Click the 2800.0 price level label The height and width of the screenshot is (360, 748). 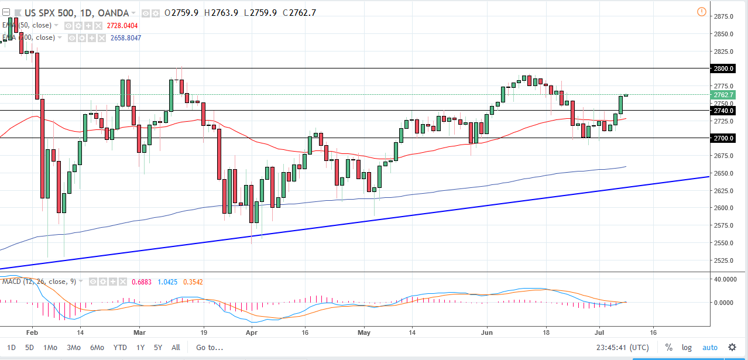(x=724, y=68)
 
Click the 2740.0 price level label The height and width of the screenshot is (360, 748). (x=724, y=110)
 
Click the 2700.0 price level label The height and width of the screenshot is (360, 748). (x=724, y=138)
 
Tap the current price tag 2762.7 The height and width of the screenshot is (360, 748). (x=724, y=95)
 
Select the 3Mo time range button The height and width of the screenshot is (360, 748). (x=74, y=347)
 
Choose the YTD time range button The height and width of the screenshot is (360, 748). (x=121, y=347)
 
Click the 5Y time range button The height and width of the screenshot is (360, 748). (x=158, y=347)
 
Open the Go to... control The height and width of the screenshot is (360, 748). (x=210, y=347)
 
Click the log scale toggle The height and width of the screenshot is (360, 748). (x=687, y=347)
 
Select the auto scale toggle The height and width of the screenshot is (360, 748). (x=709, y=347)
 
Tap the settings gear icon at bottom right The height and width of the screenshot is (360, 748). (x=732, y=347)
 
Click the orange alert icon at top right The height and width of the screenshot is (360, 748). (x=702, y=12)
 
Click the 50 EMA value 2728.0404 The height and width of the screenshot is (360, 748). (x=123, y=26)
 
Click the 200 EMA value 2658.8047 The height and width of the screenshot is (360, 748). (x=126, y=37)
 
